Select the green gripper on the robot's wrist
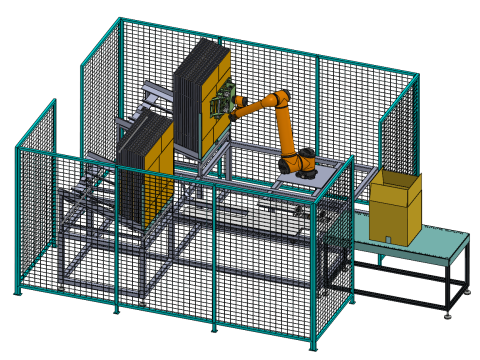point(225,102)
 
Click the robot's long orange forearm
point(255,103)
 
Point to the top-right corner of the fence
point(416,74)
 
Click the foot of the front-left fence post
point(16,293)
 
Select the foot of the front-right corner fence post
point(314,348)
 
